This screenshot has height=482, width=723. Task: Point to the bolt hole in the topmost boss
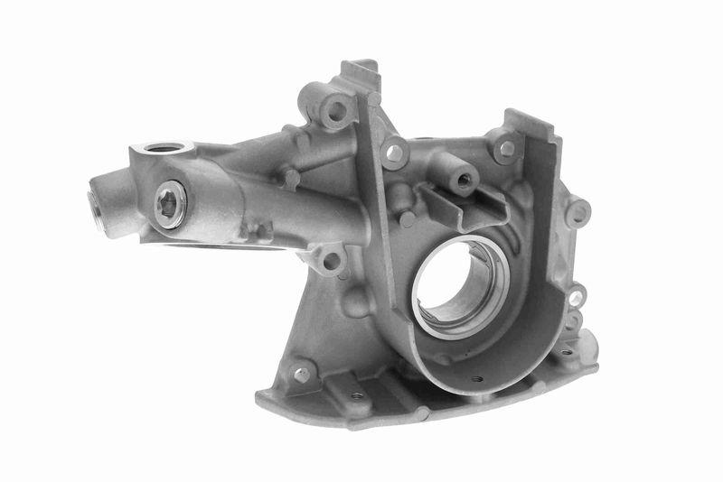tap(337, 111)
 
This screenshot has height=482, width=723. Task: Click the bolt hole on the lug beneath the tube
tap(331, 261)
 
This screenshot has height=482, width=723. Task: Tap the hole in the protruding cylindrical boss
tap(465, 181)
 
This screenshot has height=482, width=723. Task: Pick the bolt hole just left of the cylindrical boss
tap(395, 153)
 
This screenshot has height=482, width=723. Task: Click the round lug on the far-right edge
tap(577, 213)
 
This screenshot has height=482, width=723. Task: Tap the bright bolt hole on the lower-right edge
tap(576, 297)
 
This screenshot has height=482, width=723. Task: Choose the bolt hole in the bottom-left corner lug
tap(301, 373)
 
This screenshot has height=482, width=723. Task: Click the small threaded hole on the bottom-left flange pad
tap(358, 394)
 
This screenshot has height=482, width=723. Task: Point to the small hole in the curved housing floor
tap(476, 378)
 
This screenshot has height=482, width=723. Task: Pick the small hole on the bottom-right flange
tap(566, 353)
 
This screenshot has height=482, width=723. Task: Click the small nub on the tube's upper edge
tap(291, 177)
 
